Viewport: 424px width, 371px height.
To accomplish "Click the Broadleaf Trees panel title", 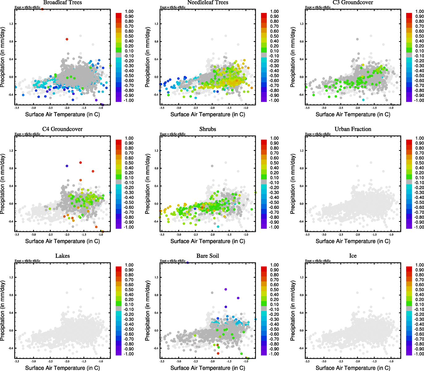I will pos(62,2).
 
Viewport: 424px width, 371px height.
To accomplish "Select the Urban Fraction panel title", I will pos(353,129).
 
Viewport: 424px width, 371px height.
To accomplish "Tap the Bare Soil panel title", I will pos(208,256).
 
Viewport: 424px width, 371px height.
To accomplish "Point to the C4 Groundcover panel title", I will pos(62,129).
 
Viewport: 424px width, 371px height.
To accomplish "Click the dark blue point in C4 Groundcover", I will pos(67,166).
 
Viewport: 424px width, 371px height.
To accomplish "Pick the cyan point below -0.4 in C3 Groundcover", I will pos(363,100).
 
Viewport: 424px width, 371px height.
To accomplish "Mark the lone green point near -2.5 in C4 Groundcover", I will pos(50,209).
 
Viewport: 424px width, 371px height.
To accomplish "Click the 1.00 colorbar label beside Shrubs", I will pos(274,138).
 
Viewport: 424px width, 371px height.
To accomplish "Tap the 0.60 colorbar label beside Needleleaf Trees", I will pos(274,31).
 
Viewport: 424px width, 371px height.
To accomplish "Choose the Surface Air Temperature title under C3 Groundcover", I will pos(353,114).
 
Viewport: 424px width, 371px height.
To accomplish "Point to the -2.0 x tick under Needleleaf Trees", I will pos(212,108).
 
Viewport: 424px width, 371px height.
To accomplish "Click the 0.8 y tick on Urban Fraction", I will pos(302,168).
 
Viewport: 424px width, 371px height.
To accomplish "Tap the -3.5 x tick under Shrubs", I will pos(162,235).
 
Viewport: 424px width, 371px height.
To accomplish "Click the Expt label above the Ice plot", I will pos(318,261).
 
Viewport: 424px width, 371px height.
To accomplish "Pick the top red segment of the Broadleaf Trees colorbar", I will pos(119,15).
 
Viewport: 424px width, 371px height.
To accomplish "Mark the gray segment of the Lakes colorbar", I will pos(119,308).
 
